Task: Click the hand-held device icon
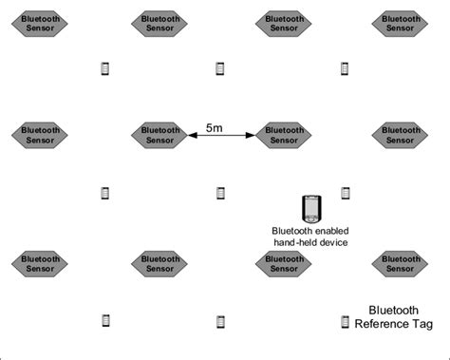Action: [x=309, y=208]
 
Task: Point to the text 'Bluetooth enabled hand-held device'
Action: [x=309, y=237]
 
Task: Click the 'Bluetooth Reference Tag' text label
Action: [x=393, y=317]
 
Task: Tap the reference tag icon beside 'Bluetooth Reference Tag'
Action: [x=345, y=323]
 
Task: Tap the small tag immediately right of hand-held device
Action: [x=346, y=193]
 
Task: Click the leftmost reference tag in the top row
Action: [x=105, y=68]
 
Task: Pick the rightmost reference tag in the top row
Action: [x=346, y=68]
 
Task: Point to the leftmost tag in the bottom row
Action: [x=105, y=321]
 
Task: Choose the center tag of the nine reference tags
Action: [x=220, y=193]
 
